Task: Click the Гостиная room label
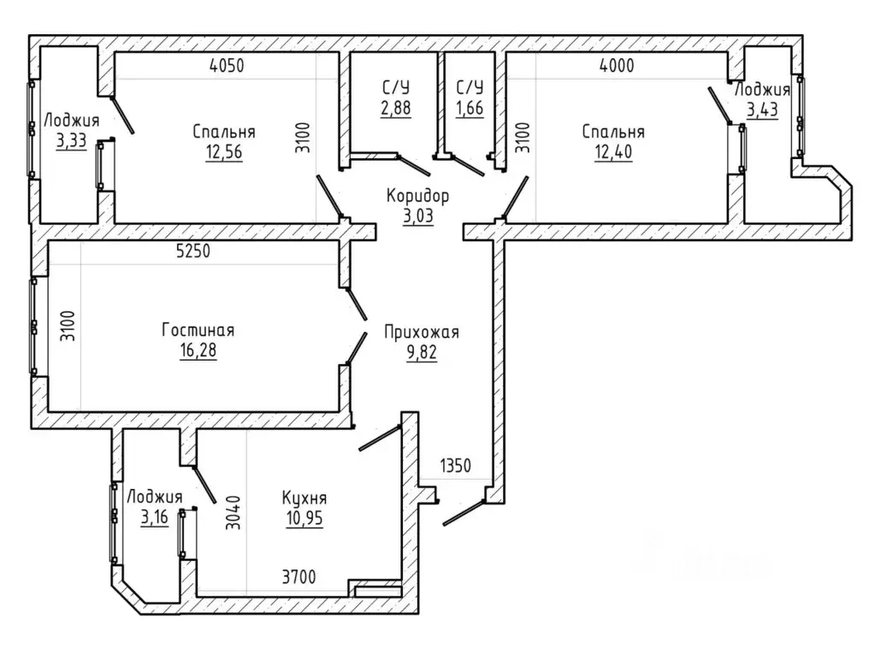coord(198,330)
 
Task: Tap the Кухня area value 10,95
coord(304,519)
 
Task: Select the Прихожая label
coord(422,333)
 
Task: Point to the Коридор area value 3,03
coord(418,215)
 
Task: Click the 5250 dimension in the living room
coord(193,251)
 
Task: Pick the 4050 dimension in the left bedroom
coord(228,66)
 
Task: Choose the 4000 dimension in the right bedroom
coord(617,66)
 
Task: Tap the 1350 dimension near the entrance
coord(455,466)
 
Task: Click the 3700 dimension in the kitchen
coord(299,577)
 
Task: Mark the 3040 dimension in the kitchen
coord(234,512)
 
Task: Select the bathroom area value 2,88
coord(396,108)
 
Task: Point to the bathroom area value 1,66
coord(470,108)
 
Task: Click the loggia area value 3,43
coord(762,109)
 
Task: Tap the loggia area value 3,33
coord(72,140)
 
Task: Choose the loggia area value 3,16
coord(155,517)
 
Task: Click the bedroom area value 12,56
coord(224,151)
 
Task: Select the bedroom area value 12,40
coord(613,151)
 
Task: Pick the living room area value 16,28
coord(198,351)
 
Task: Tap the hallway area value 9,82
coord(422,353)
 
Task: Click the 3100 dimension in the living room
coord(68,327)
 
